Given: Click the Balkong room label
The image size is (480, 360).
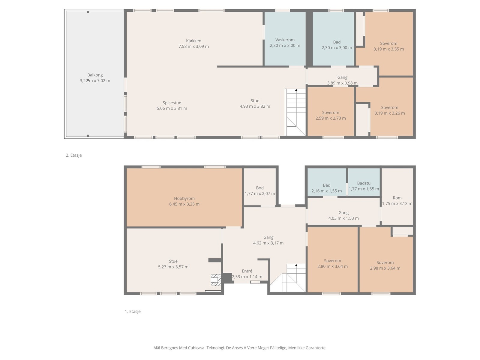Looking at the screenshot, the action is click(x=95, y=75).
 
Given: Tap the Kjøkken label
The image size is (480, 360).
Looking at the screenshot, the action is click(x=193, y=41).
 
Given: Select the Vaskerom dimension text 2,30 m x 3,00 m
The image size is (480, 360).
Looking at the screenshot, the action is click(x=285, y=46).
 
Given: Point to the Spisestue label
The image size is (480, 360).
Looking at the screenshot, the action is click(x=172, y=103).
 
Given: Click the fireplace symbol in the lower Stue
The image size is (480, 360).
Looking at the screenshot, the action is click(x=216, y=280).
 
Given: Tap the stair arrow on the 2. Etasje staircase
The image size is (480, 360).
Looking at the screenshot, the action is click(x=296, y=90).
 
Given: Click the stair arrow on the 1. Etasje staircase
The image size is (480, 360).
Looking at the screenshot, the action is click(x=296, y=265).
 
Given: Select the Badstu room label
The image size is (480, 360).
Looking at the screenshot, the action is click(x=364, y=183).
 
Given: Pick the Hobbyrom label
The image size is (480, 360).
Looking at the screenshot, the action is click(x=184, y=199).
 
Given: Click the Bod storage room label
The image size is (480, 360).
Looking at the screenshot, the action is click(x=260, y=188).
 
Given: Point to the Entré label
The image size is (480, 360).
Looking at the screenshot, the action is click(x=247, y=271).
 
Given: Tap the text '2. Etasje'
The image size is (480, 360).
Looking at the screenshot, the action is click(x=74, y=155).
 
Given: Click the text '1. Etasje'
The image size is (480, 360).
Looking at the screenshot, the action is click(x=133, y=311).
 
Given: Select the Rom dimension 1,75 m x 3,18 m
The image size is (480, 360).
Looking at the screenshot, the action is click(x=397, y=203).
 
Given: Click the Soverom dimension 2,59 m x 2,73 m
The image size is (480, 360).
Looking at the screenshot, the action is click(x=331, y=118).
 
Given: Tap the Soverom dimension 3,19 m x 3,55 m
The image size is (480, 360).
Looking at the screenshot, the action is click(x=388, y=49).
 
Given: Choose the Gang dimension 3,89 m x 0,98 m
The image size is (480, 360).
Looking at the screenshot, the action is click(x=343, y=83).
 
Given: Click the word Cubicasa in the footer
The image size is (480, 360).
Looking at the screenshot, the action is click(x=196, y=348).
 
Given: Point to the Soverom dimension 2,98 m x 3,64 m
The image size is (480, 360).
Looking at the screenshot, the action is click(x=385, y=268).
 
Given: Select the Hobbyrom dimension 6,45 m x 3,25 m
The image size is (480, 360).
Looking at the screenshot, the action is click(x=184, y=204).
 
